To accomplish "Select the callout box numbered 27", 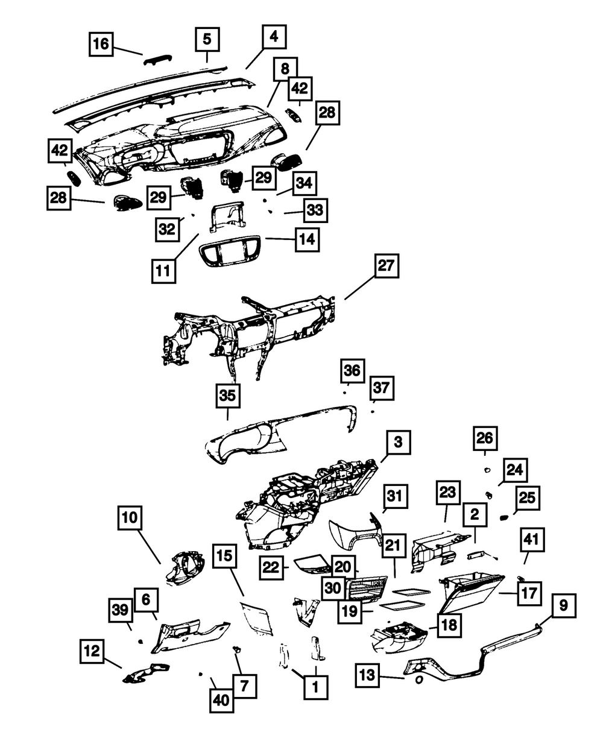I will [x=386, y=266].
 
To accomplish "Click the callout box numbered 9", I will [x=563, y=604].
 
